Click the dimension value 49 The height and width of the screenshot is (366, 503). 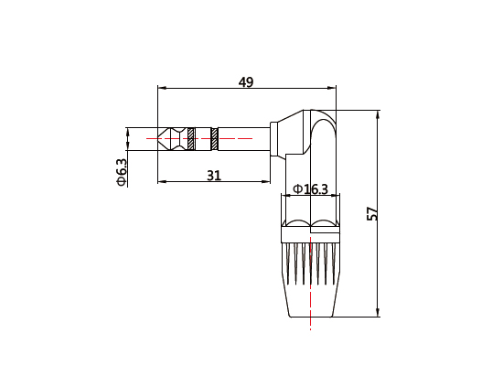pyautogui.click(x=245, y=81)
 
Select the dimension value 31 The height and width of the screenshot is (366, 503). pyautogui.click(x=214, y=175)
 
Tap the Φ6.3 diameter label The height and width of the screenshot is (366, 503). pyautogui.click(x=121, y=171)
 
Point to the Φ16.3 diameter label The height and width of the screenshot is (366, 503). pyautogui.click(x=309, y=188)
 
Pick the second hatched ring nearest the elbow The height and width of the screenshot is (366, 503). pyautogui.click(x=214, y=139)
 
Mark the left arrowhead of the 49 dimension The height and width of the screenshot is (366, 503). pyautogui.click(x=161, y=90)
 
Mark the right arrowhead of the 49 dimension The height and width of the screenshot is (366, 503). pyautogui.click(x=333, y=90)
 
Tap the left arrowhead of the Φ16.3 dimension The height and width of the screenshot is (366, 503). pyautogui.click(x=286, y=196)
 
